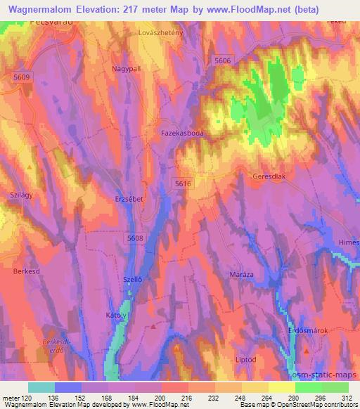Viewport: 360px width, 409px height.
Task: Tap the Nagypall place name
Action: click(127, 69)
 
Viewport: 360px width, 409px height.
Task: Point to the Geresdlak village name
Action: click(269, 178)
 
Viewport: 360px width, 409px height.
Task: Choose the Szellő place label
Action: click(134, 279)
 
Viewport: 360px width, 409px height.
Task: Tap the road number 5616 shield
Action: click(183, 183)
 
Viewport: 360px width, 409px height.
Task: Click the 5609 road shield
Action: click(22, 77)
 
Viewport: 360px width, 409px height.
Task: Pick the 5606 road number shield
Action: click(222, 61)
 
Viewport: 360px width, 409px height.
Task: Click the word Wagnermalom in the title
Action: click(38, 10)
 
